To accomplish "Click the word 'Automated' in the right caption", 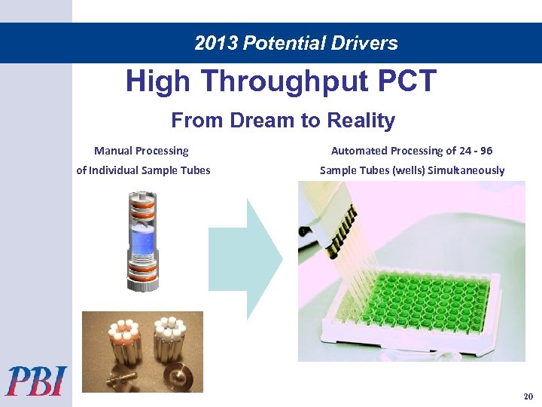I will (356, 151).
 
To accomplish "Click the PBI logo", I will (37, 381).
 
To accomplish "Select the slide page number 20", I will (528, 396).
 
